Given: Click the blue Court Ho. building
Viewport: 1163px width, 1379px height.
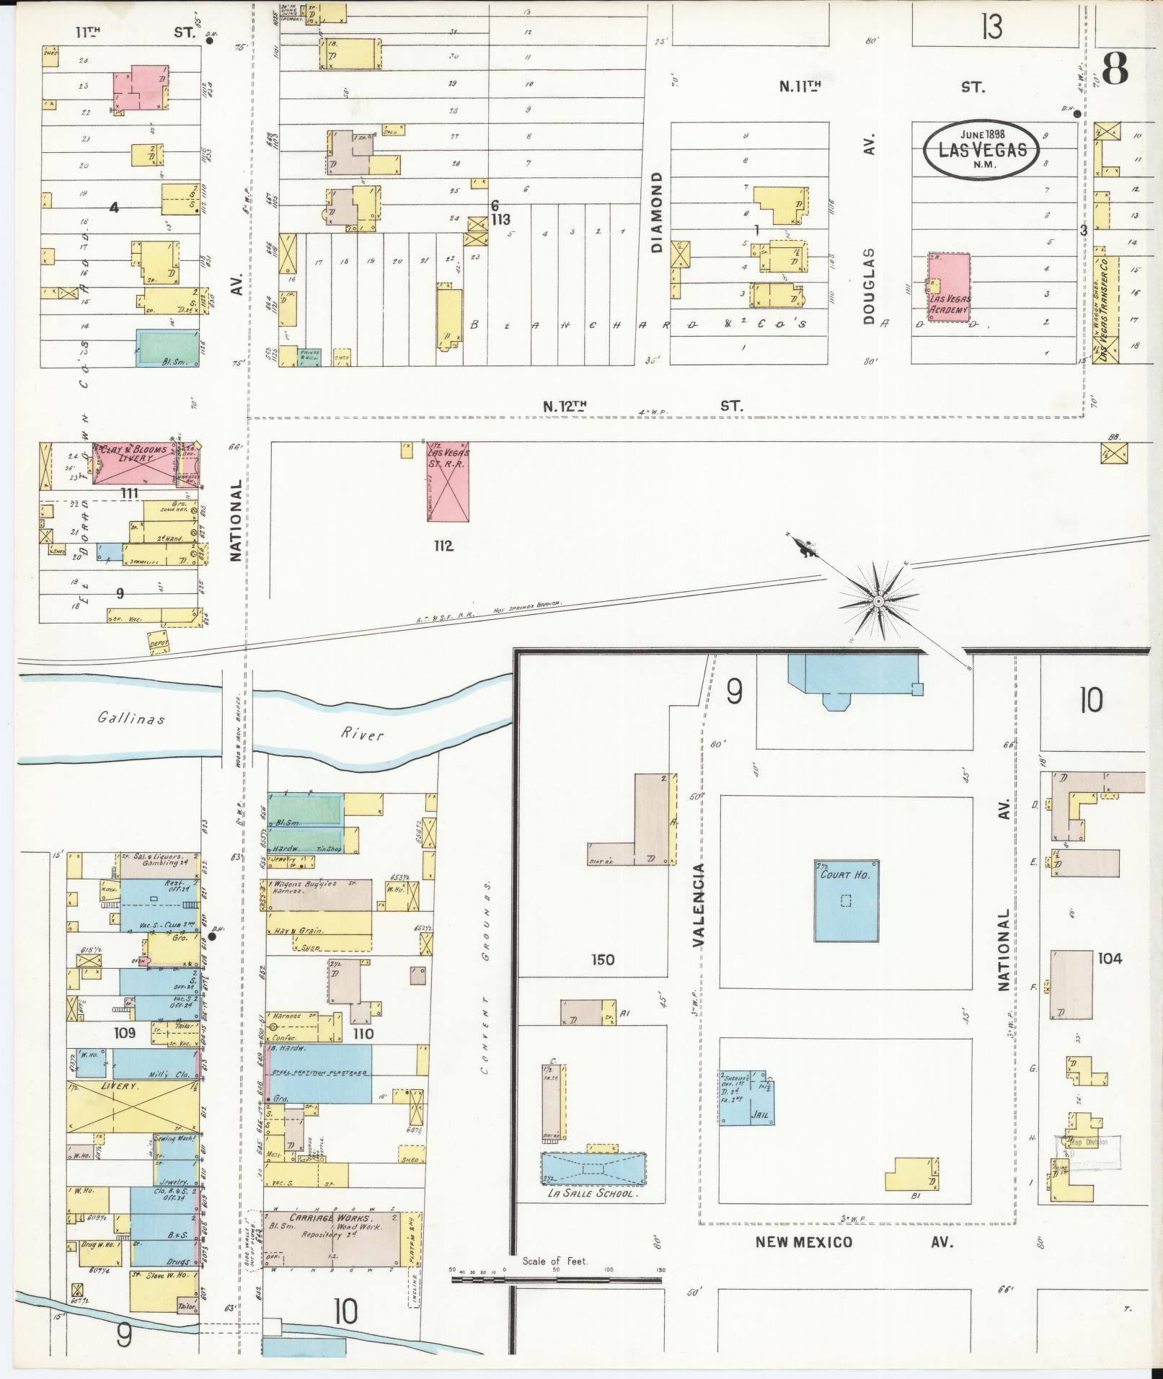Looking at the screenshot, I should (846, 900).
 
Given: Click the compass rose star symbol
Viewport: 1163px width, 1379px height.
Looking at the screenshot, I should (879, 601).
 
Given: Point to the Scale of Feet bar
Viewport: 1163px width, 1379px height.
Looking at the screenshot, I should (556, 1280).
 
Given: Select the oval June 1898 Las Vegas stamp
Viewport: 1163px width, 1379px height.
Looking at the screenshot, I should (981, 148).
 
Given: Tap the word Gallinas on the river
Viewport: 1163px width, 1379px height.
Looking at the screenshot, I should (132, 718).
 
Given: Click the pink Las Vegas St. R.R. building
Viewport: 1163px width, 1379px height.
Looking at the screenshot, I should (448, 482).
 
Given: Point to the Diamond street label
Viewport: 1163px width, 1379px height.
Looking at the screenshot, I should (656, 212).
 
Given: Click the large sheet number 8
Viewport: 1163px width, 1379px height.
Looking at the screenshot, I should (1115, 70).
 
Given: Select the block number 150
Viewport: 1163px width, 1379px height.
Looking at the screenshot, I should (602, 959).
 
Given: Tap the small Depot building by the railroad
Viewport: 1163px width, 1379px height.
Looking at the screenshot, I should (159, 643).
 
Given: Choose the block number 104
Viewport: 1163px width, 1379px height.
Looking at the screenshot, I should (1110, 958).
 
